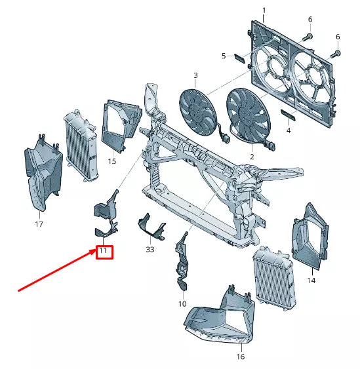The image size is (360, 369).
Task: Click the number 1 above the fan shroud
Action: [264, 10]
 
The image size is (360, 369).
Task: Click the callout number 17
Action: [39, 225]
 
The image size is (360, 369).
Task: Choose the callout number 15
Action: [112, 161]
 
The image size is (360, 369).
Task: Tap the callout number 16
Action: [241, 357]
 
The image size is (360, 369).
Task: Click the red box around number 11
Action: [104, 251]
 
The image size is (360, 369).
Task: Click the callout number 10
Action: [182, 304]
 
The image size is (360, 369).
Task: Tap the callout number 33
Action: [150, 250]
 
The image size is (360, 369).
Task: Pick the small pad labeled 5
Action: [239, 58]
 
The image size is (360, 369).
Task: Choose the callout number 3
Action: [195, 76]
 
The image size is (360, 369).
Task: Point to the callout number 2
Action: [252, 157]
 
